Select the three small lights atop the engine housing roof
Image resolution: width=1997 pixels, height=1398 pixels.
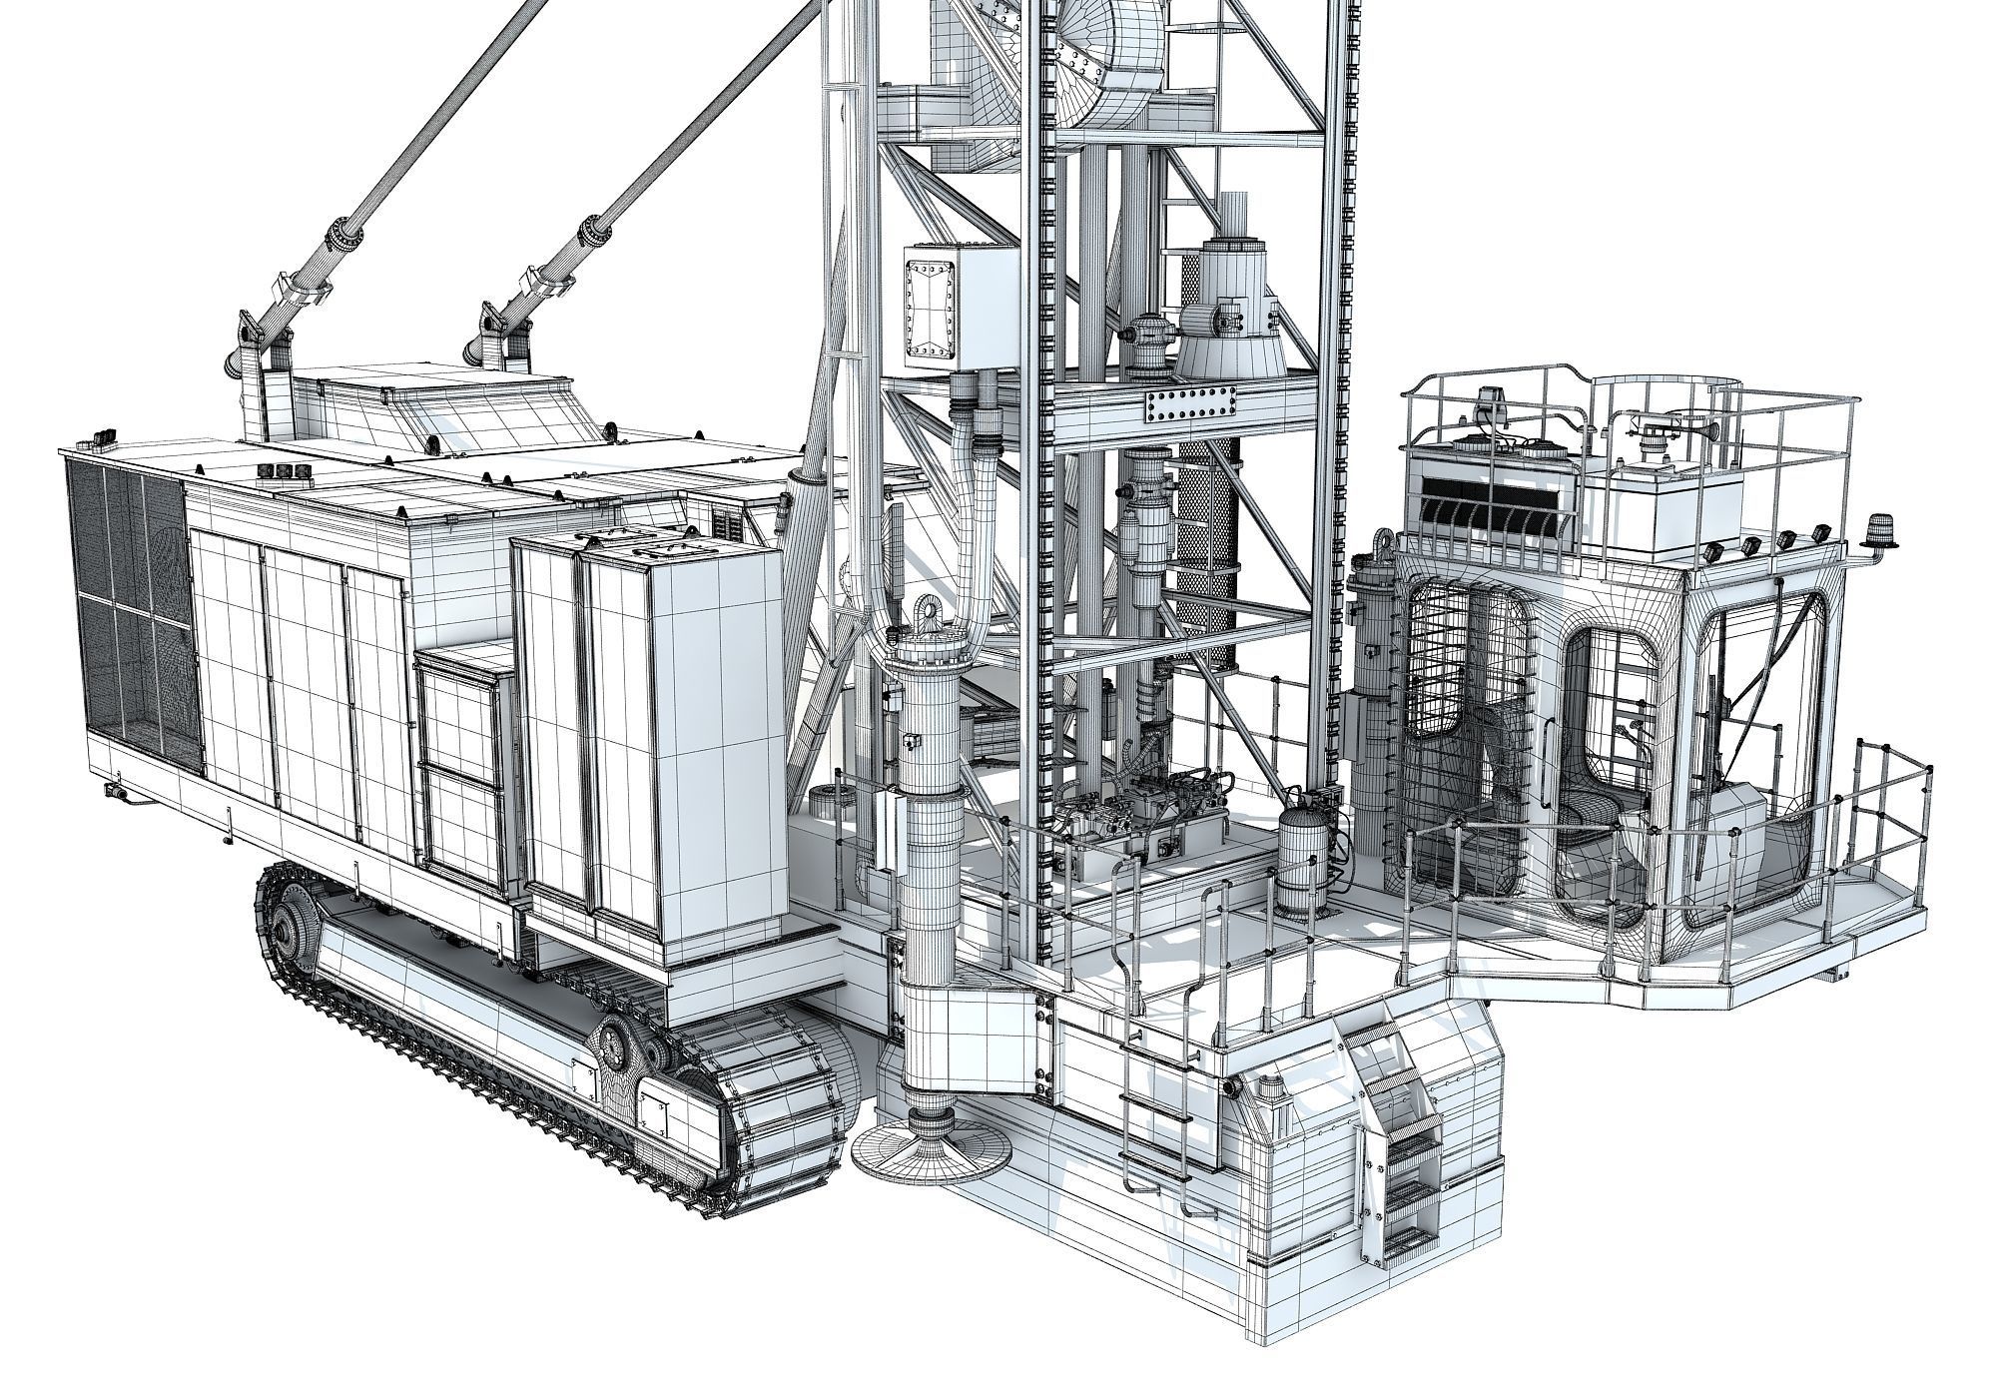279,472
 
